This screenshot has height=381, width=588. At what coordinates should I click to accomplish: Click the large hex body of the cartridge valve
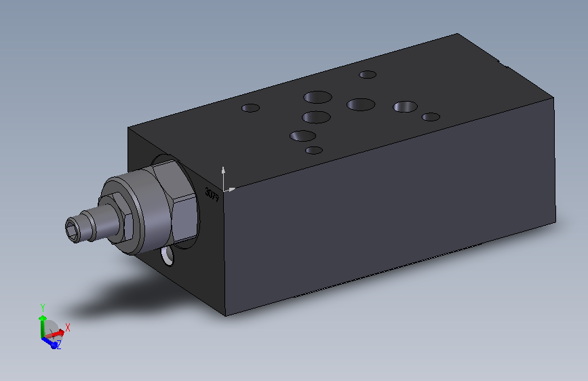pos(172,203)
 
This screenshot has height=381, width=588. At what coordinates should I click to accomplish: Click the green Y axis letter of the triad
pos(42,307)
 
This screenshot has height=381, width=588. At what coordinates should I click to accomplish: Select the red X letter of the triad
pos(68,327)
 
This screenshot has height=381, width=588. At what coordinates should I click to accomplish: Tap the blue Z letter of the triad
pos(59,345)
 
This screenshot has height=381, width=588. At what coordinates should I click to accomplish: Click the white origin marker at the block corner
pos(224,188)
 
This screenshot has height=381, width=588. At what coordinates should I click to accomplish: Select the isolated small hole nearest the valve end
pos(251,108)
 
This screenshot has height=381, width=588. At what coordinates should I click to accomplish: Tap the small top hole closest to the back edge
pos(368,75)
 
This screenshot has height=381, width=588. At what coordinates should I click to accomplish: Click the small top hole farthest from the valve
pos(431,117)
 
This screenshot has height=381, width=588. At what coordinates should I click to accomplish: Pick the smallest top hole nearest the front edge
pos(313,150)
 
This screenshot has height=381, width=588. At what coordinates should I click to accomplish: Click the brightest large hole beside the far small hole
pos(406,106)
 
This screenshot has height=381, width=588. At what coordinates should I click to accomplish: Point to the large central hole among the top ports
pos(361,104)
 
